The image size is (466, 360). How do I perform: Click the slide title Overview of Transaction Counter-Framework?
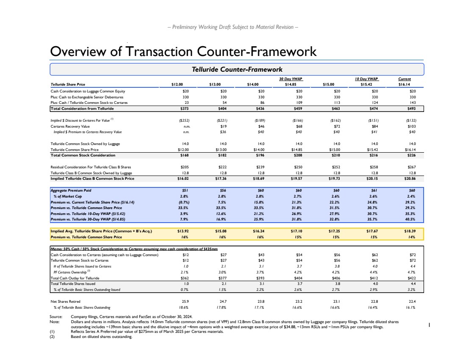pyautogui.click(x=183, y=51)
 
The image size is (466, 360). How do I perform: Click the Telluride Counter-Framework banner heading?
pyautogui.click(x=237, y=69)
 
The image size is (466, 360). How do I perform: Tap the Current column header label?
pyautogui.click(x=405, y=79)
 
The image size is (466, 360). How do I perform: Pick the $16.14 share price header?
pyautogui.click(x=405, y=84)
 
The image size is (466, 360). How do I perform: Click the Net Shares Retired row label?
pyautogui.click(x=65, y=301)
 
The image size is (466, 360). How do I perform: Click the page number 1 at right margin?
pyautogui.click(x=430, y=325)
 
